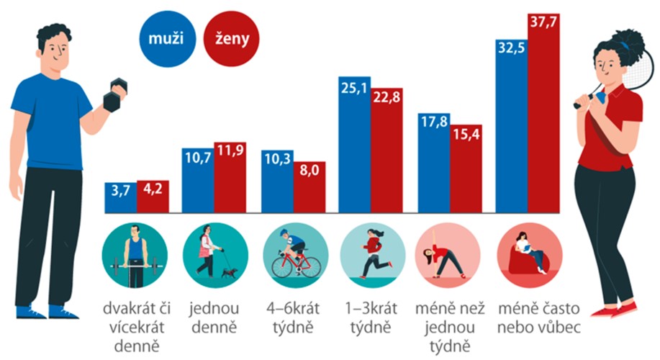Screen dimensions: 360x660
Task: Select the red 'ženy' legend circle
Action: tap(231, 40)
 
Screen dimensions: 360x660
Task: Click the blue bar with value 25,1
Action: tap(354, 145)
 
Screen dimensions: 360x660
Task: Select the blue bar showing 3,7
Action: tap(120, 197)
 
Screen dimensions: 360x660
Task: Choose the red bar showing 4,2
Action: tap(153, 197)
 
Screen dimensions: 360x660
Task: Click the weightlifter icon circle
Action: tap(135, 255)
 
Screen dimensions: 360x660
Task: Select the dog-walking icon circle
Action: tap(213, 255)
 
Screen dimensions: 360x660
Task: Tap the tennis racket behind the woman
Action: tap(613, 68)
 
